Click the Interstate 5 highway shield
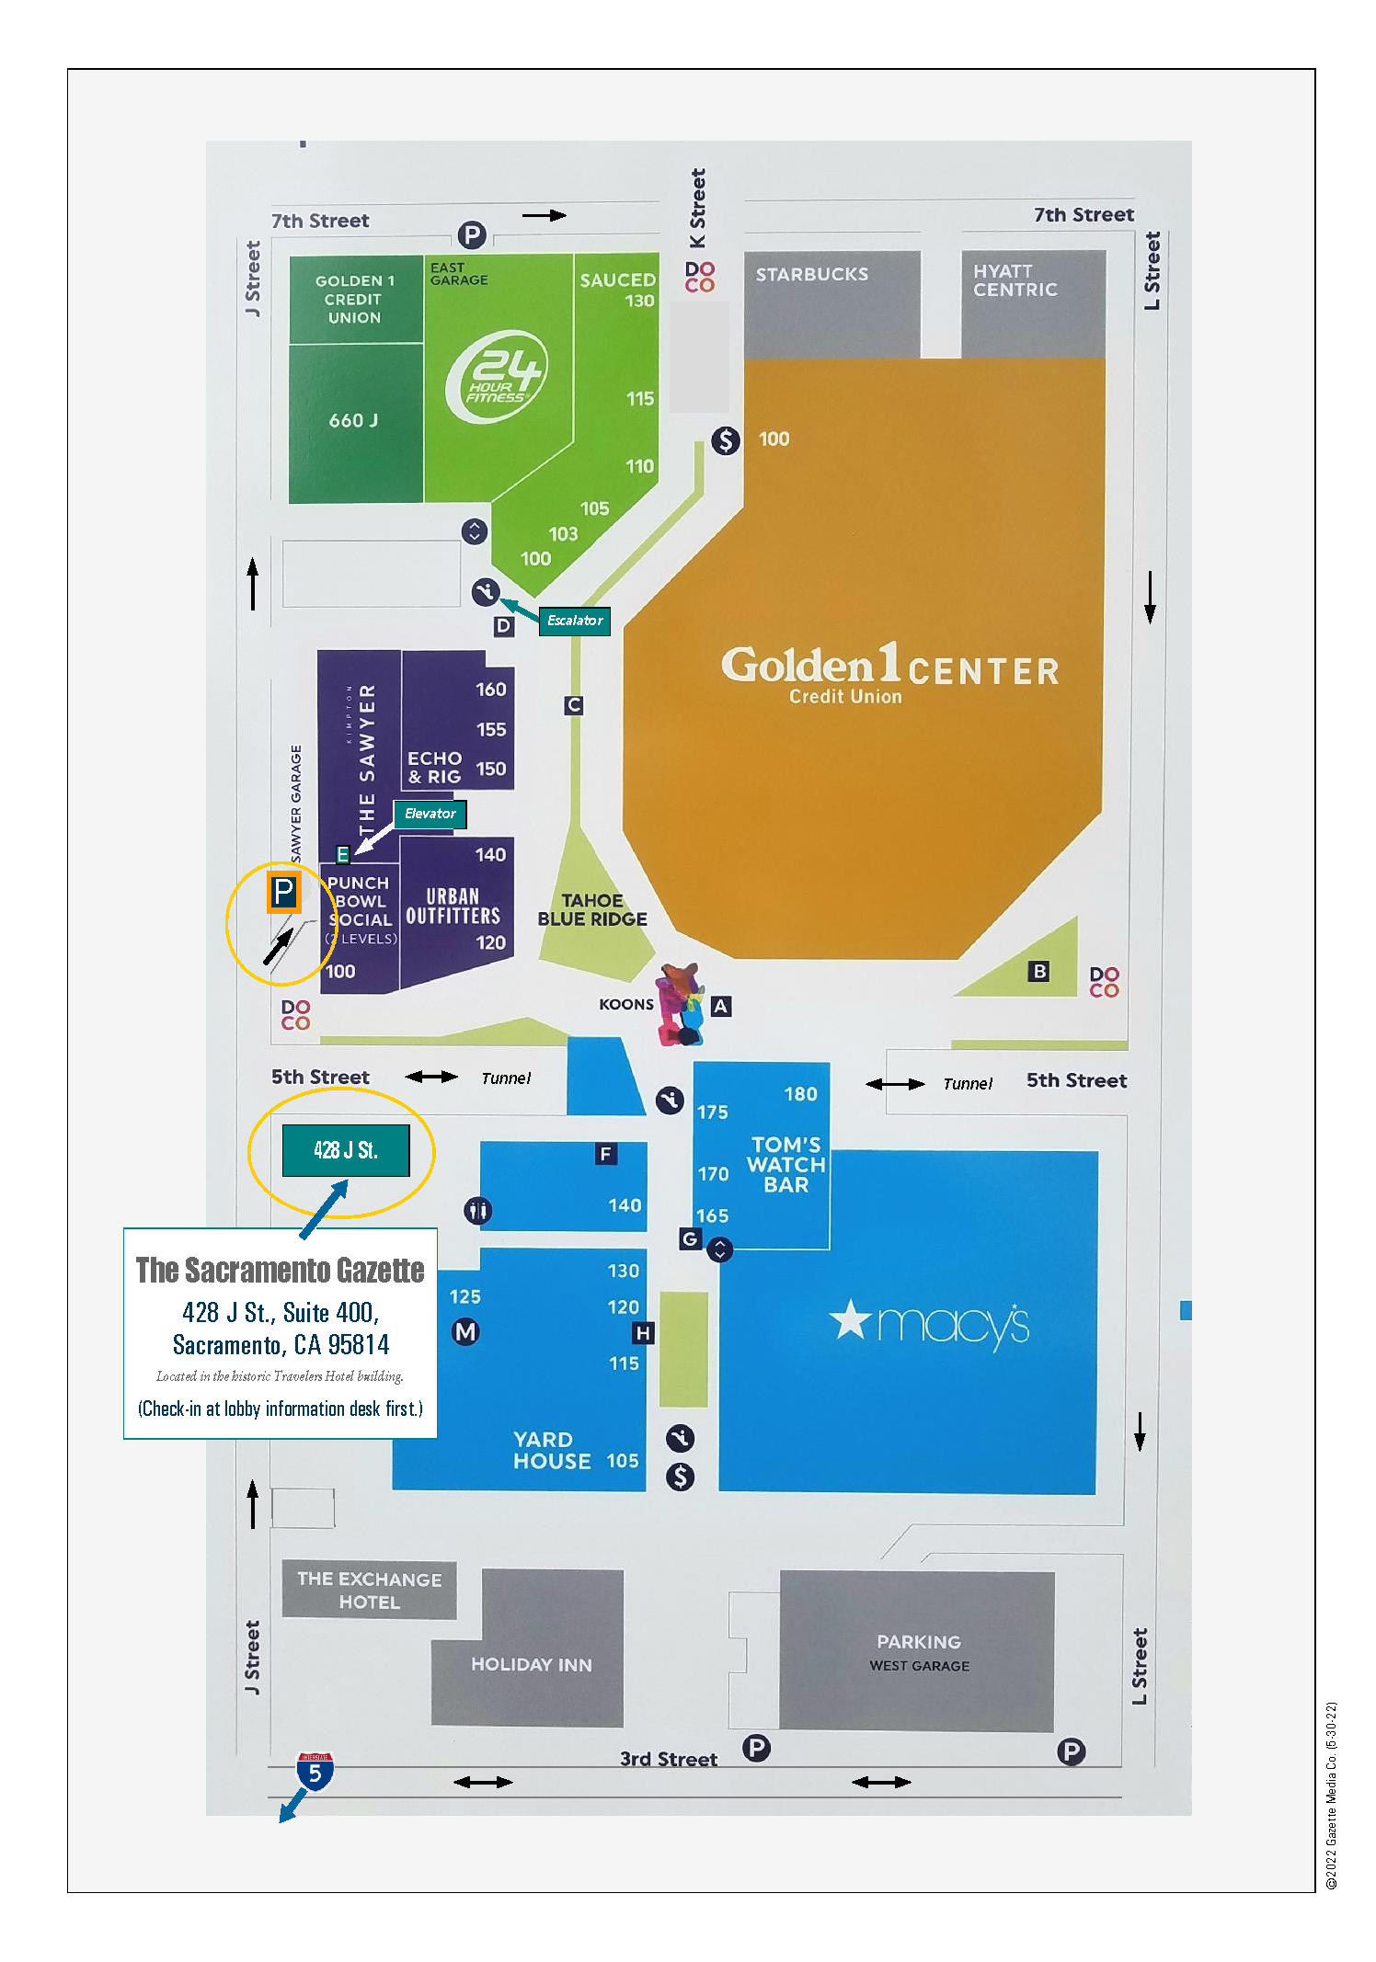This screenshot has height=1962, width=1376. pos(315,1771)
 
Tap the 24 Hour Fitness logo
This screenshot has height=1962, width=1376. pos(497,377)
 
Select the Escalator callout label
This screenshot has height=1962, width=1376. pos(575,621)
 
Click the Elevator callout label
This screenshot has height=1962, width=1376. pos(430,814)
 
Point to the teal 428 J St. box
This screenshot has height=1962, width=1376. pos(345,1150)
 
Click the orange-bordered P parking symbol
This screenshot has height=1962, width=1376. pos(283,892)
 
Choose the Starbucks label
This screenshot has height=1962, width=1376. pos(811,274)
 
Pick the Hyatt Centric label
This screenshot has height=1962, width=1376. pos(1015,280)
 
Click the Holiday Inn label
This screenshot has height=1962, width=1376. pos(531,1664)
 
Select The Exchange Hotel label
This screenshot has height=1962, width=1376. pos(369,1591)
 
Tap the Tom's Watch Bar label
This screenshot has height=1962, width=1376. pos(785,1164)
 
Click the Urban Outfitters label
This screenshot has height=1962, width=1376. pos(453,907)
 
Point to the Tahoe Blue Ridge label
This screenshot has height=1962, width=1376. pos(592,910)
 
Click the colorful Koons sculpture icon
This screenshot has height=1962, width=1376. pos(682,1004)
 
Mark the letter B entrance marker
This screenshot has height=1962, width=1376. pos(1038,971)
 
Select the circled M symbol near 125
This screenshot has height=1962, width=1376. pos(465,1331)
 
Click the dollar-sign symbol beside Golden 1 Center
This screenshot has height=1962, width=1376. pos(725,441)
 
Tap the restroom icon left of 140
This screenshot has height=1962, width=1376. pos(477,1211)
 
